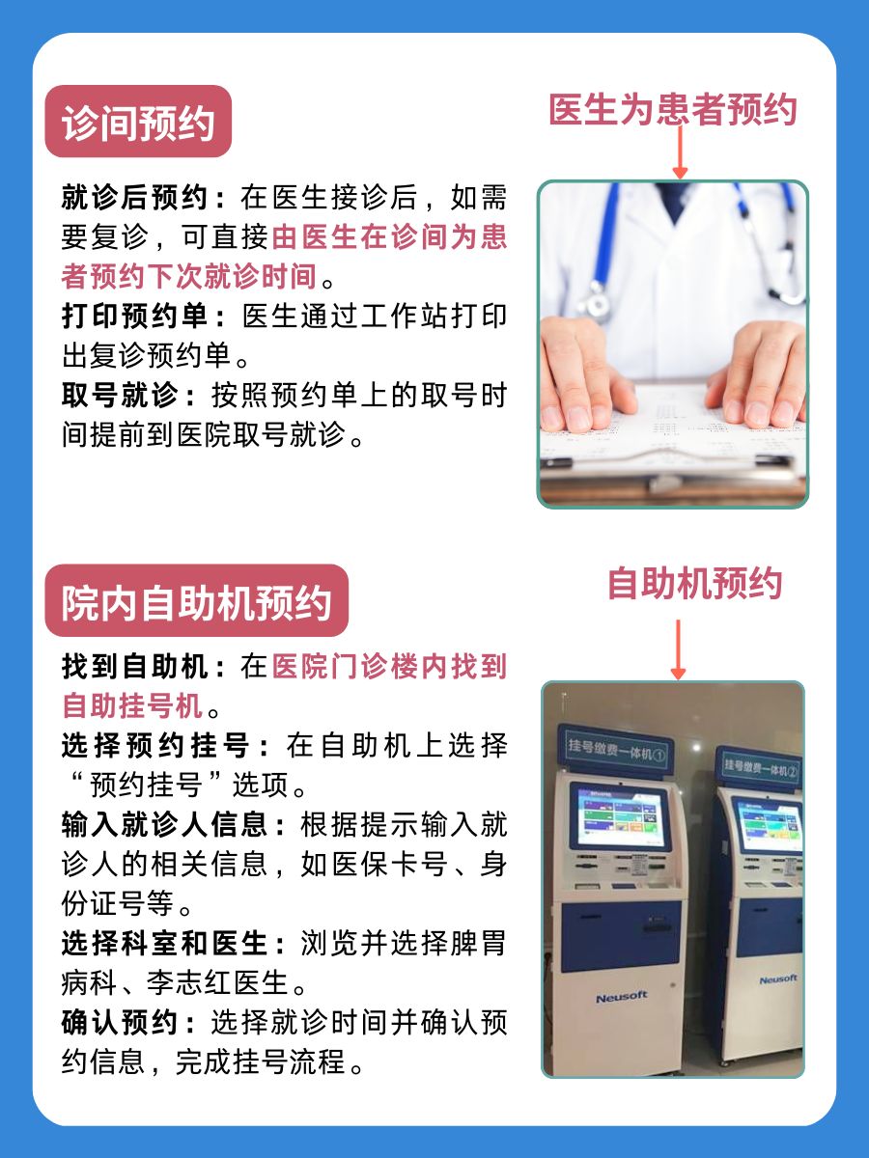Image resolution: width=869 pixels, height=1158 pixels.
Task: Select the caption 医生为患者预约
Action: (x=673, y=109)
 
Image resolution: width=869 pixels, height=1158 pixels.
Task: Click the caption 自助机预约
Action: (x=693, y=584)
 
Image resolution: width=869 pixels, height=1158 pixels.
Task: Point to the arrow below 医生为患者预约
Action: (x=680, y=152)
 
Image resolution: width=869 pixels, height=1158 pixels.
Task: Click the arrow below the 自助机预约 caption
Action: (x=678, y=648)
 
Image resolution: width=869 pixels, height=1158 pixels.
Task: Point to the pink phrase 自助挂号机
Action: (x=133, y=706)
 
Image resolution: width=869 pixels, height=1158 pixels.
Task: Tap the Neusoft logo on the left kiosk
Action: (x=621, y=997)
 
